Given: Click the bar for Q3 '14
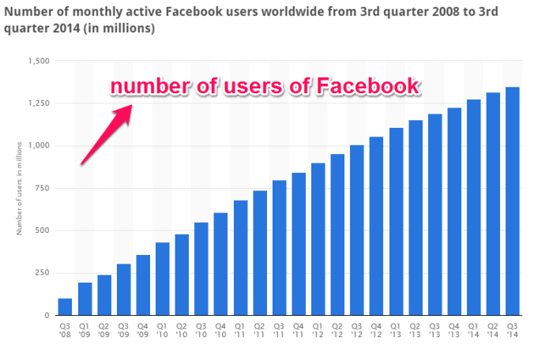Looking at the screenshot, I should tap(512, 201).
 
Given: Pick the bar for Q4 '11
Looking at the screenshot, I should tap(299, 244).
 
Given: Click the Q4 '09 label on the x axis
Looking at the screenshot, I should tap(143, 329).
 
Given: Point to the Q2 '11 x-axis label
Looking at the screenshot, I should tap(260, 329).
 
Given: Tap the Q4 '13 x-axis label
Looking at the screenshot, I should tap(454, 329).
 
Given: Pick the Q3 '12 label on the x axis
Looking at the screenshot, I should tap(357, 329).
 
